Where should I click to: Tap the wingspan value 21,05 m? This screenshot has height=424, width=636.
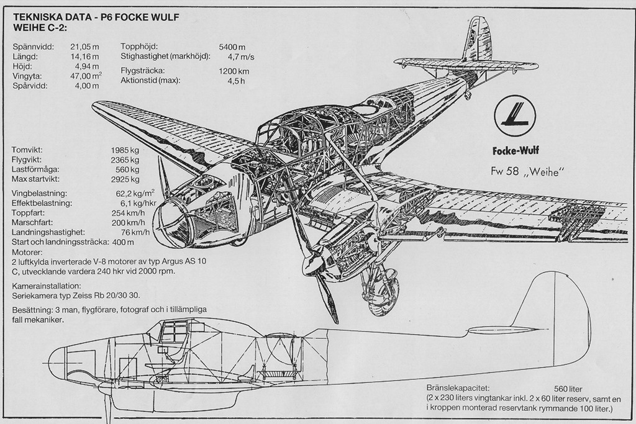[x=85, y=47]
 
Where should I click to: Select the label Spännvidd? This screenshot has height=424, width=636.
[x=33, y=47]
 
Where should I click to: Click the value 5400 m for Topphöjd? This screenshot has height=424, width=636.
[x=232, y=47]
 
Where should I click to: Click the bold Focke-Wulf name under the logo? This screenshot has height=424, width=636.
[x=516, y=150]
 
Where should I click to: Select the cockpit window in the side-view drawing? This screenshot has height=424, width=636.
[x=175, y=331]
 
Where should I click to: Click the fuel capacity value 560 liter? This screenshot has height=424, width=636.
[x=568, y=388]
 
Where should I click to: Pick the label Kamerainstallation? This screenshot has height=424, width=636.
[x=47, y=286]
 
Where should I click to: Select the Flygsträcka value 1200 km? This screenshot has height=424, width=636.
[x=234, y=71]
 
